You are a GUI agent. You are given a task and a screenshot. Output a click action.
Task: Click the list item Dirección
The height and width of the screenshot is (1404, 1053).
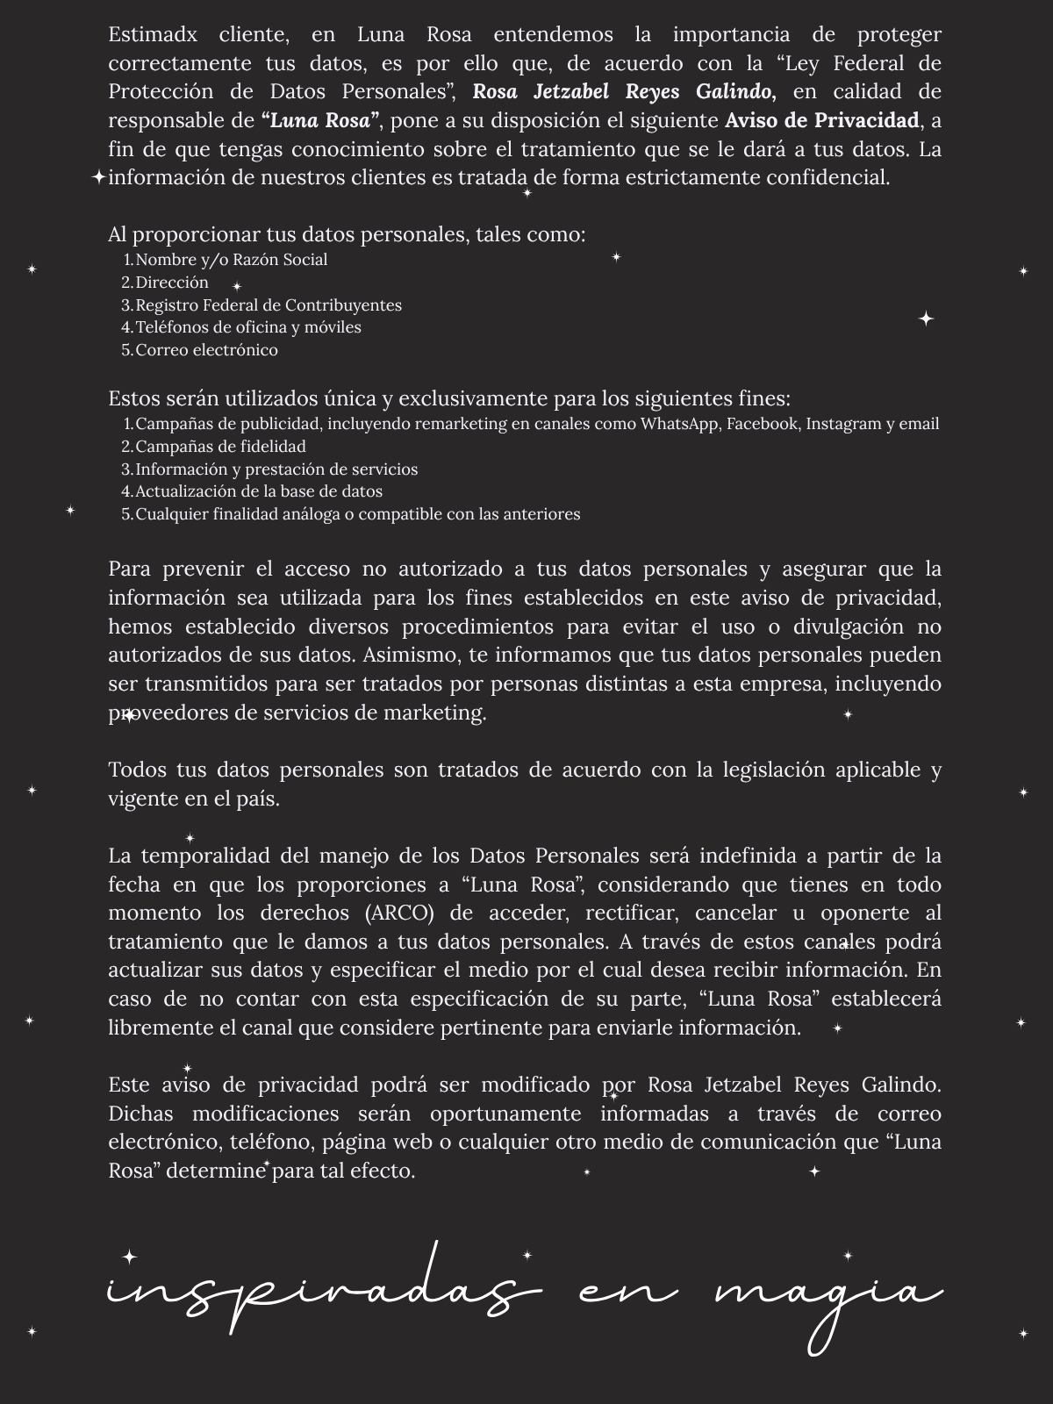tap(172, 283)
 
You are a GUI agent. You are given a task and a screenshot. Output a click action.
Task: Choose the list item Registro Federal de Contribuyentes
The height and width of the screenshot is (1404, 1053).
tap(269, 305)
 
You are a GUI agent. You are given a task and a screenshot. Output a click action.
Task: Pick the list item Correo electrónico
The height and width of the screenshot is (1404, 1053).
tap(206, 350)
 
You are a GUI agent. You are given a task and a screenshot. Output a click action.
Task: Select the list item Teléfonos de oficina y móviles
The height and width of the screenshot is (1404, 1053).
tap(248, 327)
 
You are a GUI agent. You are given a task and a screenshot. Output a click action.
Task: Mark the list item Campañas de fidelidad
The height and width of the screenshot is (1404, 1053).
tap(220, 447)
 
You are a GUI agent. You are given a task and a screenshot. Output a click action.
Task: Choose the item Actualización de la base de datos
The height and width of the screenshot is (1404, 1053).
tap(259, 491)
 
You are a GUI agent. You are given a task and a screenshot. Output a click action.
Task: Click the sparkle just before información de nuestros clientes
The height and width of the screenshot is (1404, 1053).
tap(98, 178)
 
